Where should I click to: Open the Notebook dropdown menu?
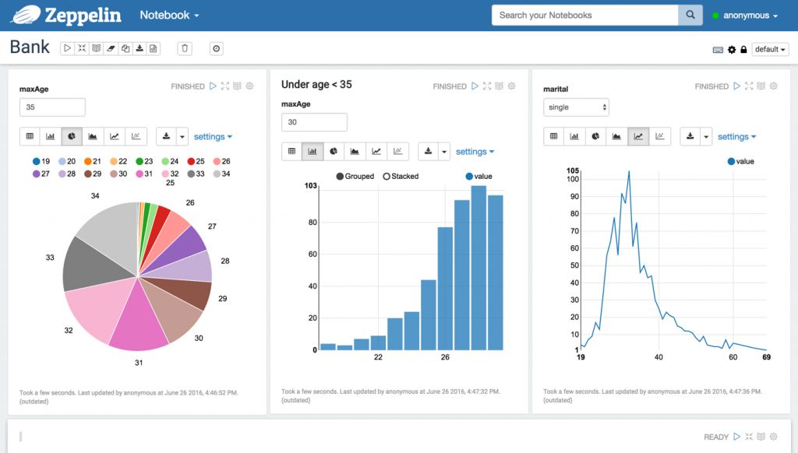click(169, 16)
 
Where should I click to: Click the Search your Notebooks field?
click(584, 15)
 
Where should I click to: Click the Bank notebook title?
click(30, 47)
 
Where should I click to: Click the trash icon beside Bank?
click(185, 48)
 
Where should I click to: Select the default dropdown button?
click(770, 49)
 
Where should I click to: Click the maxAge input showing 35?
click(52, 107)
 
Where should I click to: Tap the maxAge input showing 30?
click(314, 122)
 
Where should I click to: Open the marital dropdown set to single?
click(576, 107)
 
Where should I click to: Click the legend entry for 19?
click(41, 162)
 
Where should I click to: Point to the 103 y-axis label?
click(310, 186)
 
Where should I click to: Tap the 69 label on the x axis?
click(766, 357)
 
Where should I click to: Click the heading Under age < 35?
click(316, 84)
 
